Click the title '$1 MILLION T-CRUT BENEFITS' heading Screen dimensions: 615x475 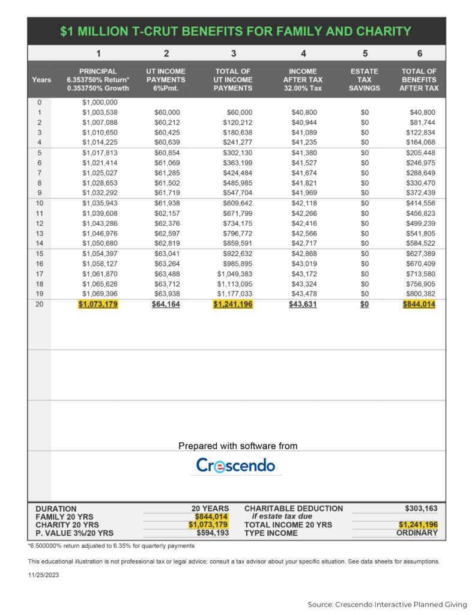(236, 31)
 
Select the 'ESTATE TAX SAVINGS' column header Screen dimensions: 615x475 (365, 80)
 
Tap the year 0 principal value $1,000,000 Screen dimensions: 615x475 (100, 102)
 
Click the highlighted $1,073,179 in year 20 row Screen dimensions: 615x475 (98, 304)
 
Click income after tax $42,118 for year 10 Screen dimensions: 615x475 (303, 203)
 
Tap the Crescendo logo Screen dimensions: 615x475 (235, 465)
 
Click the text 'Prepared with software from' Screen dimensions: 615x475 (238, 446)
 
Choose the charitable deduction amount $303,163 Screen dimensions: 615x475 (422, 508)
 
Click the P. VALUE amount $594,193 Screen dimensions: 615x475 (213, 533)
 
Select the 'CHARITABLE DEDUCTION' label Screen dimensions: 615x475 (294, 508)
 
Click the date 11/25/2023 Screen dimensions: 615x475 (44, 575)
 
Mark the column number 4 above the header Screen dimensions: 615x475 (303, 53)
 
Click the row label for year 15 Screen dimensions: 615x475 (40, 253)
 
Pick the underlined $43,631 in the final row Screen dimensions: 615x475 (303, 304)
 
